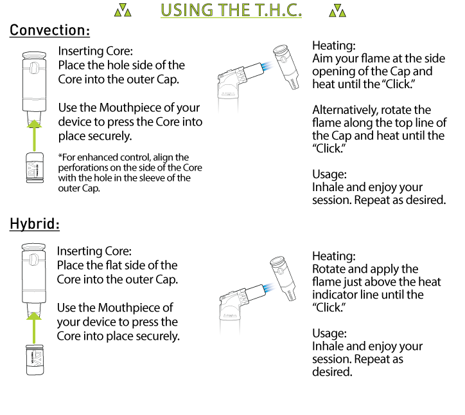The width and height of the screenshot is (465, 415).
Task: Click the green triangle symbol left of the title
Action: point(123,10)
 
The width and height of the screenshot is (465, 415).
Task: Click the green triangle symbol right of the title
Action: point(337,10)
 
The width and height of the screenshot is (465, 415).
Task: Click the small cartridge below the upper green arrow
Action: point(35,167)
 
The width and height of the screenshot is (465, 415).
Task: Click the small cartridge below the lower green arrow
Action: point(35,360)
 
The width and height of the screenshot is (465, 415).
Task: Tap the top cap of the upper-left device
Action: point(34,56)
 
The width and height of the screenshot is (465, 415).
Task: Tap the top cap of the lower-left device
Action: point(34,248)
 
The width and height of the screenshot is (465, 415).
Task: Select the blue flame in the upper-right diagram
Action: point(268,65)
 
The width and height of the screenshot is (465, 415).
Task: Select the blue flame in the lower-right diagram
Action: point(270,286)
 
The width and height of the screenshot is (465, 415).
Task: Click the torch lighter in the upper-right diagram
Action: point(286,66)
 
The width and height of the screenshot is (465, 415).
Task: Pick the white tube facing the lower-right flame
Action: point(255,292)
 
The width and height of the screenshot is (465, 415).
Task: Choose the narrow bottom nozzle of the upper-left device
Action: point(34,116)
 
